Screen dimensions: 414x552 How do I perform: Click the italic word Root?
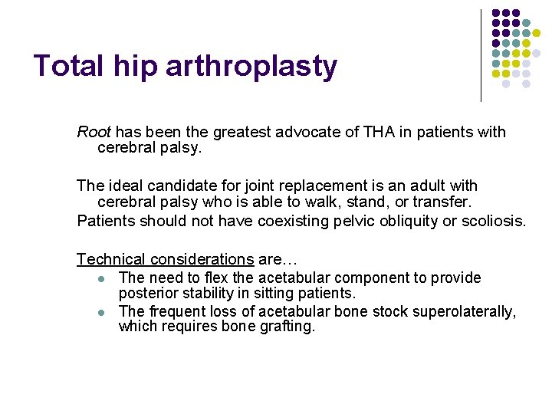[x=94, y=132]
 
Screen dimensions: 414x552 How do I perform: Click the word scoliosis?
[x=495, y=222]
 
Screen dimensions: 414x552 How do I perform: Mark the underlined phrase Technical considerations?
[x=165, y=260]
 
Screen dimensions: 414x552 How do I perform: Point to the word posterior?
[x=148, y=294]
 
